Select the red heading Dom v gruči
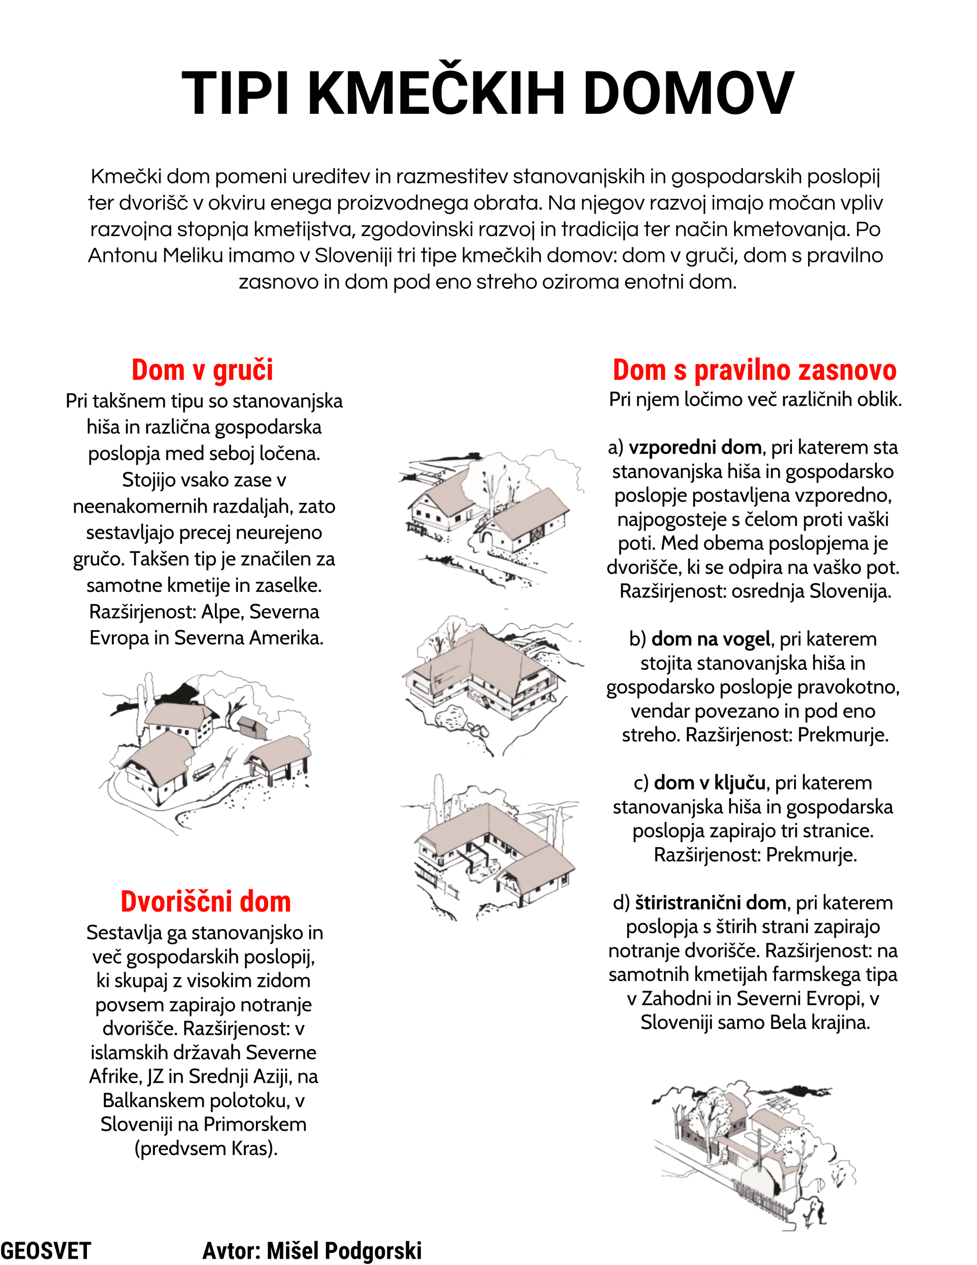coord(202,370)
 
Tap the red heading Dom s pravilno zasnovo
coord(754,370)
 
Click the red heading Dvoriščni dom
coord(206,902)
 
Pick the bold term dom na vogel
coord(711,639)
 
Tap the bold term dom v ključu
coord(710,783)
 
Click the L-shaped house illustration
coord(486,677)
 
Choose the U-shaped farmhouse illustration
coord(492,846)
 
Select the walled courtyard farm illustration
coord(752,1153)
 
